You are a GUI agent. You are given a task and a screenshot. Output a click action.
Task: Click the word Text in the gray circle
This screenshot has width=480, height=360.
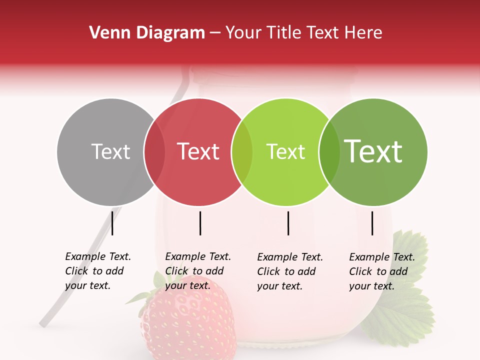pos(110,151)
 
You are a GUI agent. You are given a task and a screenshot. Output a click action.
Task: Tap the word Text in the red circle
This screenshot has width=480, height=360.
pos(198,151)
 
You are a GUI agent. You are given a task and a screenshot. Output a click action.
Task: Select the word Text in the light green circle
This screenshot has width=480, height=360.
pos(285,151)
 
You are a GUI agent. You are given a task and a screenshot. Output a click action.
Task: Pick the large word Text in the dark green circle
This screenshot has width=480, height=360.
pos(373,151)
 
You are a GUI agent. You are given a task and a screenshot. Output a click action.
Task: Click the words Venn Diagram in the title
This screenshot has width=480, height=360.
pos(147,33)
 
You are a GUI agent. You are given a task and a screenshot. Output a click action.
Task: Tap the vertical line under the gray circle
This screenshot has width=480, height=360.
pos(112,223)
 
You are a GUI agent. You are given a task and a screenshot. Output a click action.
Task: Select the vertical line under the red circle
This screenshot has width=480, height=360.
pos(200,223)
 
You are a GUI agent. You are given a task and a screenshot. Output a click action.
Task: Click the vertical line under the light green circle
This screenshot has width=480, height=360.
pos(288,223)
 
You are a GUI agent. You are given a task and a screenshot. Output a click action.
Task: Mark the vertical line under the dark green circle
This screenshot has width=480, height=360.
pos(372,223)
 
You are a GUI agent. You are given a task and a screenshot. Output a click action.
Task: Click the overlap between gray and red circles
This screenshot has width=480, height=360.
pos(154,151)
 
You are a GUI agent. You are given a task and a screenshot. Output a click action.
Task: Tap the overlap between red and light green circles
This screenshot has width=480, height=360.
pos(242,151)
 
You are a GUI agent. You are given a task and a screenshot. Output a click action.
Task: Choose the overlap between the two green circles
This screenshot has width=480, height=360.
pos(329,151)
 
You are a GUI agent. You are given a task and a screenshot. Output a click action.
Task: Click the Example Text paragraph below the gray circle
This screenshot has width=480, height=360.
pos(97,271)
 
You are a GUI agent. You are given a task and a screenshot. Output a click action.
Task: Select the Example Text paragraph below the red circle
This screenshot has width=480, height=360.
pos(197,271)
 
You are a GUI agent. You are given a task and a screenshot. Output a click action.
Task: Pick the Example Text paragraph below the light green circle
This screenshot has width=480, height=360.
pos(289,271)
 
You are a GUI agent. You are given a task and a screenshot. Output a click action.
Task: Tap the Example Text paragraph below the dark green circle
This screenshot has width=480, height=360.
pos(381,271)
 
